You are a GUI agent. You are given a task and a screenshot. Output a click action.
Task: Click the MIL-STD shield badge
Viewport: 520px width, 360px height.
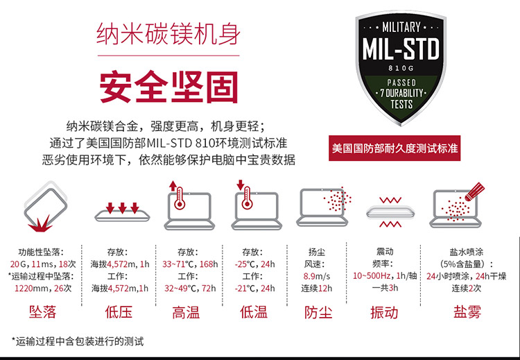point(401,68)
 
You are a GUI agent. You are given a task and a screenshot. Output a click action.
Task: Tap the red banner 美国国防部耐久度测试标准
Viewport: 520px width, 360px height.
point(395,148)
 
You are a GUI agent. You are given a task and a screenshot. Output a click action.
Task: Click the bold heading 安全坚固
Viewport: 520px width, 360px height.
point(168,87)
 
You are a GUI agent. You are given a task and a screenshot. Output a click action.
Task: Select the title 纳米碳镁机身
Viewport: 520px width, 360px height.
point(168,33)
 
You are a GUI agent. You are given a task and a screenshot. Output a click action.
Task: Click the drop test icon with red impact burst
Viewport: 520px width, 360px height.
point(44,207)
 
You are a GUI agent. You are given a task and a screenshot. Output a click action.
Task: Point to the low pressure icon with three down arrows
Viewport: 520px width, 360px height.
point(122,212)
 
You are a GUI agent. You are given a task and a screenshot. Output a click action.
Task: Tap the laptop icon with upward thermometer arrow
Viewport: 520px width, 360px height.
point(189,205)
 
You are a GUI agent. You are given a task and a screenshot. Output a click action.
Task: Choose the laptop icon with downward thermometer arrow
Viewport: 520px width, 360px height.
point(257,205)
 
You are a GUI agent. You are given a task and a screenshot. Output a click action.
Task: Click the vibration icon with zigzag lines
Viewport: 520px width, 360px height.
point(390,212)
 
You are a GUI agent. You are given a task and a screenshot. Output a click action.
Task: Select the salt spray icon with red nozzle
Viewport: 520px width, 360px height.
point(457,206)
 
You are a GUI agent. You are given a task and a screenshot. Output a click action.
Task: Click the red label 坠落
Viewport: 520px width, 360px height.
point(42,312)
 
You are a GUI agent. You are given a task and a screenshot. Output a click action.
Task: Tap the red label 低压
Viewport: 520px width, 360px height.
point(119,312)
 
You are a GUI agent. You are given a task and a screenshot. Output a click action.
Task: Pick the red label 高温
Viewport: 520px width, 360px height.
point(186,313)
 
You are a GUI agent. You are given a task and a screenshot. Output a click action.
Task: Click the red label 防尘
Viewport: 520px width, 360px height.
point(318,313)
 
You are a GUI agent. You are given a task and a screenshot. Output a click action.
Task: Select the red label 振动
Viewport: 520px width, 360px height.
point(384,313)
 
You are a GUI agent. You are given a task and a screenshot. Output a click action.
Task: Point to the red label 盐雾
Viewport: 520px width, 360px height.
point(467,312)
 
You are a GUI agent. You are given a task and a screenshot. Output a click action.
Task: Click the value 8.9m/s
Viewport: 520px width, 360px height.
point(317,276)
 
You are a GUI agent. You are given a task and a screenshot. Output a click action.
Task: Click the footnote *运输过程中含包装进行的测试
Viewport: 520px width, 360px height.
point(78,341)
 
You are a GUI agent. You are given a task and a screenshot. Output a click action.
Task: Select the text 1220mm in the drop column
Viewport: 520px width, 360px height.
point(31,288)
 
